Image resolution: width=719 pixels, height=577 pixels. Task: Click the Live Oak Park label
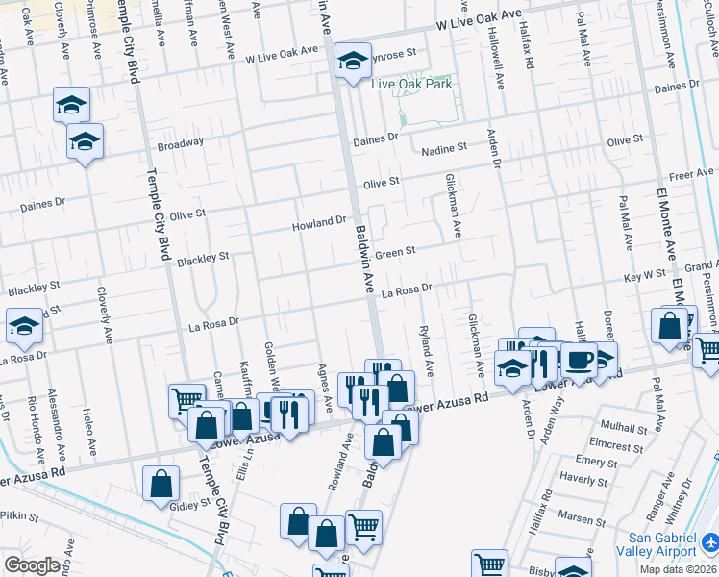(411, 85)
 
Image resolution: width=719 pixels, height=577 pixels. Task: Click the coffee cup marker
(579, 360)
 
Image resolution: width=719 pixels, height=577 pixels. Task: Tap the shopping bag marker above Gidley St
(161, 483)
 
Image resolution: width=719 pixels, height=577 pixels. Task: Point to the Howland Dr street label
(319, 224)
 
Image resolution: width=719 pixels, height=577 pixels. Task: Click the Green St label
(394, 253)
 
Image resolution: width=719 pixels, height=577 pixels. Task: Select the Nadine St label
(444, 147)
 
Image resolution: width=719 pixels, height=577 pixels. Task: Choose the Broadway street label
(181, 143)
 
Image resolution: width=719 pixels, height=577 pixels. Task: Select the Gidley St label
(190, 504)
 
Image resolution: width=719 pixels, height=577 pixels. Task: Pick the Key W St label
(645, 276)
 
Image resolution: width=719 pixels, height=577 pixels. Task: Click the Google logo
(31, 565)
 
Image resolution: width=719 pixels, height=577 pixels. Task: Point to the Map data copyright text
(679, 569)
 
